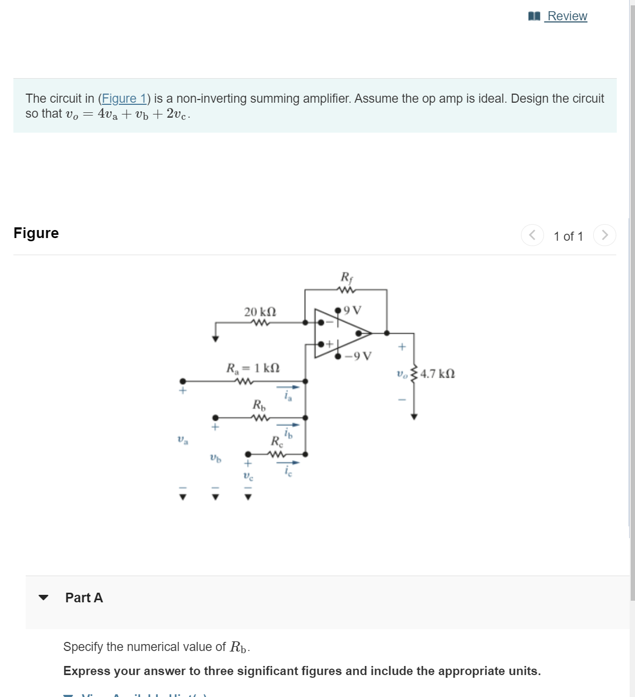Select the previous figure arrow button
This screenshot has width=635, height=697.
pyautogui.click(x=532, y=235)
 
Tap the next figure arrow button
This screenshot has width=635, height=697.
pyautogui.click(x=604, y=235)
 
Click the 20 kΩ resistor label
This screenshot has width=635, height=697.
pyautogui.click(x=260, y=311)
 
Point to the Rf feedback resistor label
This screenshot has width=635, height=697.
pyautogui.click(x=346, y=277)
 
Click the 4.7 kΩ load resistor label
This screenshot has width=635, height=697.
pyautogui.click(x=437, y=373)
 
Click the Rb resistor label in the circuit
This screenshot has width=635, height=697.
pyautogui.click(x=259, y=405)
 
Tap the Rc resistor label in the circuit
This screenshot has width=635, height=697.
pyautogui.click(x=277, y=441)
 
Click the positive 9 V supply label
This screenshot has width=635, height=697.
pyautogui.click(x=352, y=310)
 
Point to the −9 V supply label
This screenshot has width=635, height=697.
pyautogui.click(x=358, y=356)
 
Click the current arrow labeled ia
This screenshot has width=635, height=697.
pyautogui.click(x=288, y=387)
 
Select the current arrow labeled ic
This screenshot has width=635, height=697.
pyautogui.click(x=288, y=463)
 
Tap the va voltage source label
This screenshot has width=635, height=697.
pyautogui.click(x=183, y=440)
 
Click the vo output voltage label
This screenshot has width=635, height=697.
pyautogui.click(x=402, y=373)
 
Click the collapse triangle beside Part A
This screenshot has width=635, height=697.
pyautogui.click(x=44, y=598)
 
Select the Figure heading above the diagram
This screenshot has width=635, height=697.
pyautogui.click(x=36, y=233)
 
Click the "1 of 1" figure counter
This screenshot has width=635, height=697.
pyautogui.click(x=568, y=236)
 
